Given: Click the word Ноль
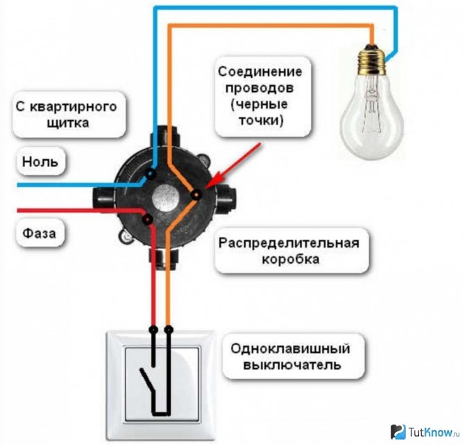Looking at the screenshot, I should [x=41, y=163].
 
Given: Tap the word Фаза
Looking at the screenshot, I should [x=41, y=231].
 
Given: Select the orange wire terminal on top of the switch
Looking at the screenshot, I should [x=169, y=327].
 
